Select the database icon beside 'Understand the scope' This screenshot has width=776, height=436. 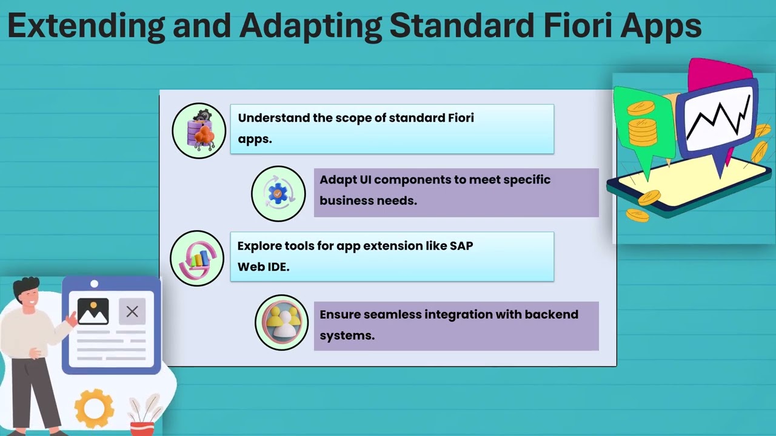(x=199, y=130)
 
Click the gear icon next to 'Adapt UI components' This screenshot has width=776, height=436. (x=278, y=194)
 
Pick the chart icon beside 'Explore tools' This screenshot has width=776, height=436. (x=197, y=259)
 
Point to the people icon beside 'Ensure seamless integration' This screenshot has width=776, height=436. (x=282, y=323)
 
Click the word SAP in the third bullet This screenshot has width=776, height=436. (x=461, y=246)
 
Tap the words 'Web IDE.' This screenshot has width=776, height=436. (x=263, y=266)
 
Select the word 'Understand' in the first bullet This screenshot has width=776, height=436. (x=273, y=117)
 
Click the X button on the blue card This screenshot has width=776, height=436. (x=132, y=312)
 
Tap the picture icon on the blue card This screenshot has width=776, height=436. (x=93, y=312)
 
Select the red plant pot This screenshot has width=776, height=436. (x=142, y=428)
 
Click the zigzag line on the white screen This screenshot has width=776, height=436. (x=718, y=118)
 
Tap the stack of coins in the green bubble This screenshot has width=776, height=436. (x=642, y=130)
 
